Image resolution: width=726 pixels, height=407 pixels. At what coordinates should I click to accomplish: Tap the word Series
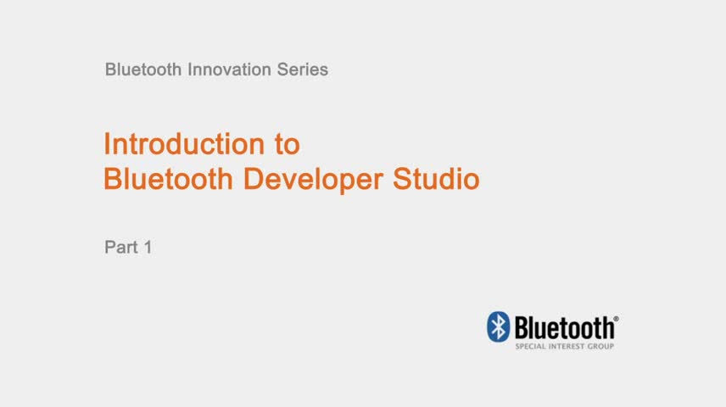tap(303, 70)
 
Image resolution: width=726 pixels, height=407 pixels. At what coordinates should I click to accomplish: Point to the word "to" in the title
tap(287, 145)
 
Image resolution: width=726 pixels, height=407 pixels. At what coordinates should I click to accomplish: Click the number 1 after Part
tap(147, 248)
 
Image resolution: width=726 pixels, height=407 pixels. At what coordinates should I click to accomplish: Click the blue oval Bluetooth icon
tap(498, 327)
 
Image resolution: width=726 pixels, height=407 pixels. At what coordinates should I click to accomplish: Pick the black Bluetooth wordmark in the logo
tap(564, 327)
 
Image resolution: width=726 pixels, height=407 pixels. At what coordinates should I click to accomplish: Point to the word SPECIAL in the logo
tap(531, 347)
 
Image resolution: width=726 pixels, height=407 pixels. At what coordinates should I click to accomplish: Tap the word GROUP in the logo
tap(601, 347)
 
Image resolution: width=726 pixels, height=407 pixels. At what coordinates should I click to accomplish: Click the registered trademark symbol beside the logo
tap(616, 320)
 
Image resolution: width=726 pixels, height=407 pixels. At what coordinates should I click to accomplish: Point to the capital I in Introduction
tap(107, 144)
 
